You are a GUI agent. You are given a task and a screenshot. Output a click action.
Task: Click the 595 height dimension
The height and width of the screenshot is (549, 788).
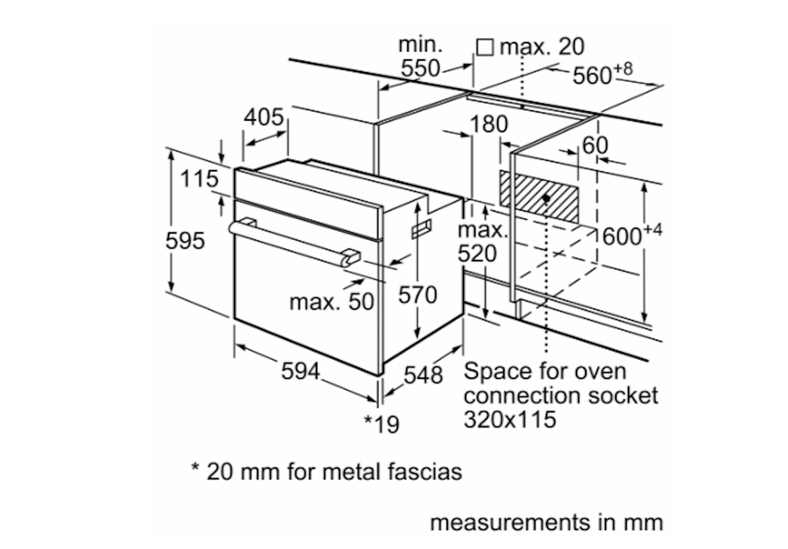point(185,241)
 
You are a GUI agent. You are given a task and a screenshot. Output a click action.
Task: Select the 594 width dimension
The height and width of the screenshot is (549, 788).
point(301,371)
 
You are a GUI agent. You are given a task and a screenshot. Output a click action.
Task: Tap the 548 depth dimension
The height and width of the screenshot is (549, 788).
point(423,375)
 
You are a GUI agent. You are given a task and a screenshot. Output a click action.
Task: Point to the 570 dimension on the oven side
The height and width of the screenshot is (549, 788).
point(418,295)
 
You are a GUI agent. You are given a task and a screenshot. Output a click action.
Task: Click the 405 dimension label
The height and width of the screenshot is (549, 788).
point(264,117)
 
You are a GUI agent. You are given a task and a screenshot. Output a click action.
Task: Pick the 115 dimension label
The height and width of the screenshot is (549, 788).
point(199,178)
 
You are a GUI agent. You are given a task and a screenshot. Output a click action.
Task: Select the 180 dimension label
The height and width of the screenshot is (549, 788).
point(489,124)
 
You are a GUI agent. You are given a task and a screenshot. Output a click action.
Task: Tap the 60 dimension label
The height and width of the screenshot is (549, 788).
point(595,145)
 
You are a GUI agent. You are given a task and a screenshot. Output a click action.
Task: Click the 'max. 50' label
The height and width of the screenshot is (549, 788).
point(332,302)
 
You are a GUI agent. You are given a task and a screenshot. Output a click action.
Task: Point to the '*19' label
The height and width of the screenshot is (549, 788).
point(382,424)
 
